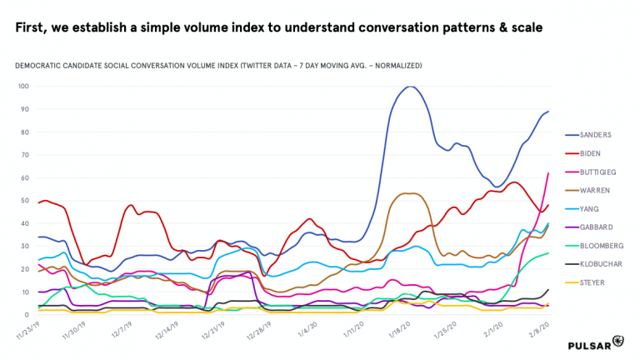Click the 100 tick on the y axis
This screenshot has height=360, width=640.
23,86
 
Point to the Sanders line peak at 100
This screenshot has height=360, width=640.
410,87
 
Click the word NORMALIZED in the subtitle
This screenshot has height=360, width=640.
397,64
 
